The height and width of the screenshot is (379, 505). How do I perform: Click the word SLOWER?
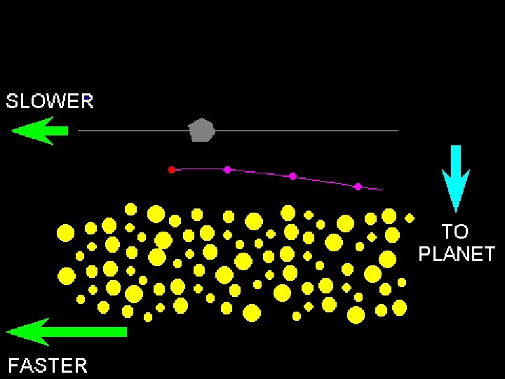(x=50, y=101)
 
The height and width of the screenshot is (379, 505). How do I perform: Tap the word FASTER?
(x=48, y=365)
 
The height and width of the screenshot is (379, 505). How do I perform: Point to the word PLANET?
(x=457, y=253)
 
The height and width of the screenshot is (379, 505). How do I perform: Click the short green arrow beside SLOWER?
(x=39, y=130)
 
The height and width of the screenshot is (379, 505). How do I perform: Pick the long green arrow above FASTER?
(x=67, y=331)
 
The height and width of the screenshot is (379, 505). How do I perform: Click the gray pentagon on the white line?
(x=202, y=131)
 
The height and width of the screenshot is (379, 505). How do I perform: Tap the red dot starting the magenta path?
(x=171, y=169)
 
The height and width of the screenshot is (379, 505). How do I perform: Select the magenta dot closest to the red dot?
(x=227, y=169)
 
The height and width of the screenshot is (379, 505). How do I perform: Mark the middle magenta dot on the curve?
(x=292, y=175)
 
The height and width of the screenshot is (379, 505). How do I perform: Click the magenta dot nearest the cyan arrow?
(x=358, y=186)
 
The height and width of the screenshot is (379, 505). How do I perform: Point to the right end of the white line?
(x=397, y=131)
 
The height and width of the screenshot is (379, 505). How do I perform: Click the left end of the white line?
(x=79, y=131)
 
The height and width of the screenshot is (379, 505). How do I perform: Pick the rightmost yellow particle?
(x=410, y=216)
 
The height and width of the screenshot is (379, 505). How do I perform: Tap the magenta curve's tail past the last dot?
(x=376, y=189)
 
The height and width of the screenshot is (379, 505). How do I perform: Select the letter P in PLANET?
(x=425, y=253)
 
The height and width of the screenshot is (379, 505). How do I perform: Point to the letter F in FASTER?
(x=13, y=365)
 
